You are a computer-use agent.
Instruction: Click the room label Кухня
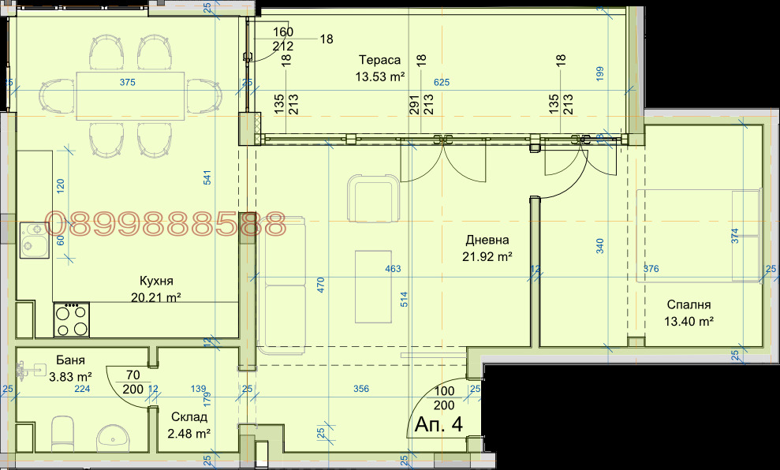tap(156, 281)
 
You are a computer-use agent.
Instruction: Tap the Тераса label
tap(379, 60)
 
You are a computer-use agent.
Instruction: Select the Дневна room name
tap(487, 241)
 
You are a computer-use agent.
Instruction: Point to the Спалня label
tap(689, 305)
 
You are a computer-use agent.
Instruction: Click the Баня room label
tap(70, 360)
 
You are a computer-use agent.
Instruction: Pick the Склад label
tap(189, 417)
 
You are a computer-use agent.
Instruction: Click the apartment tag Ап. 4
tap(439, 424)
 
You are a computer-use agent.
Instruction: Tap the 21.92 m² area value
tap(487, 256)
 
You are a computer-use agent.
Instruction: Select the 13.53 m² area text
tap(379, 76)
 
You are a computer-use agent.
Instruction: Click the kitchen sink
tap(34, 241)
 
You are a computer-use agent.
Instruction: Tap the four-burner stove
tap(72, 319)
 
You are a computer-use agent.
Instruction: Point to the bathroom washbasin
tap(114, 438)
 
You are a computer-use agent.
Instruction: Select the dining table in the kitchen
tap(130, 96)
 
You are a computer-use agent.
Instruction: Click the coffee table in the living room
tap(373, 287)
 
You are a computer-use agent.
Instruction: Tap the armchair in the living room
tap(374, 198)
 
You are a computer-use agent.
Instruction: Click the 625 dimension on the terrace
tap(441, 82)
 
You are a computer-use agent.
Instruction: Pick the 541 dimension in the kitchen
tap(207, 177)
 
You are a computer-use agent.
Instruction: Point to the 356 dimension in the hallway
tap(361, 389)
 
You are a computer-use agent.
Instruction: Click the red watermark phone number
tap(165, 224)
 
